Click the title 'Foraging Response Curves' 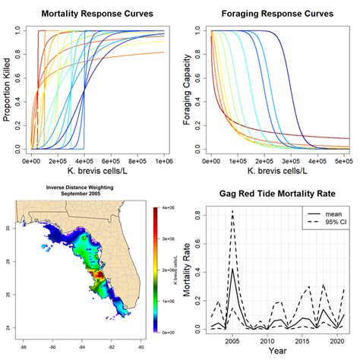pos(279,14)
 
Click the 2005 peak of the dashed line pos(232,210)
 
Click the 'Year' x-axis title pos(279,352)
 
